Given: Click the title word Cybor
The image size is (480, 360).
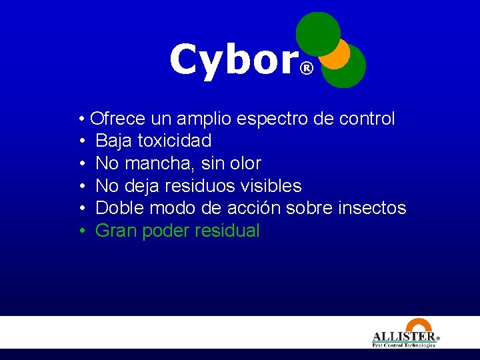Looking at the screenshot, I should tap(233, 60).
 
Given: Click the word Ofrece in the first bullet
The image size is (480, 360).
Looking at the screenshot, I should tap(118, 119).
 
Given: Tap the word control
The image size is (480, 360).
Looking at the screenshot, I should tap(367, 119).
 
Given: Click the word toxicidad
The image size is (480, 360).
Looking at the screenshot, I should tap(174, 141).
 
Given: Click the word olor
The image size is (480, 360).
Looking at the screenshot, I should tap(245, 163).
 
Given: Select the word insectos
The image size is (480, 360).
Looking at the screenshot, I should tap(372, 208).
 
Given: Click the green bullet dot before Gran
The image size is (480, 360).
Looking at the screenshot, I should tap(81, 231).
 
